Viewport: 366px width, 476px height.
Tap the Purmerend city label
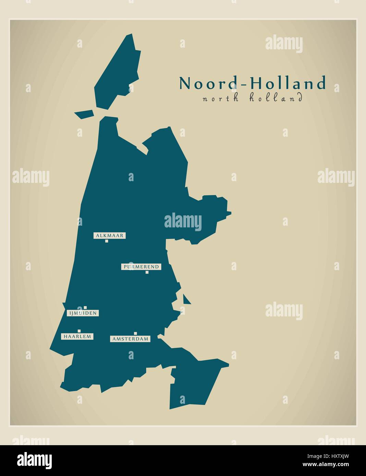141,266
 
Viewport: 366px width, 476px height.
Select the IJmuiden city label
83,313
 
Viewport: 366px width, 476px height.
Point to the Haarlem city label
77,336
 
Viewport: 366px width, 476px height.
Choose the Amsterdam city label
130,339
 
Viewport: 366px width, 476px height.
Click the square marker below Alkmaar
107,241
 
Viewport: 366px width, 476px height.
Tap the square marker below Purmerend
147,272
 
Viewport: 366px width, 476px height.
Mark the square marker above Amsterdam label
135,333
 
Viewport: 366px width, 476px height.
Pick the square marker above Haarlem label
79,331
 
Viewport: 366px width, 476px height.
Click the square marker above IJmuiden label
85,308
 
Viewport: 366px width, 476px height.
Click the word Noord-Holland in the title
252,83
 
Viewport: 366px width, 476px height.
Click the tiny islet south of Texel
84,114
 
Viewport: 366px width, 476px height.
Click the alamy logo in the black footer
35,460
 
